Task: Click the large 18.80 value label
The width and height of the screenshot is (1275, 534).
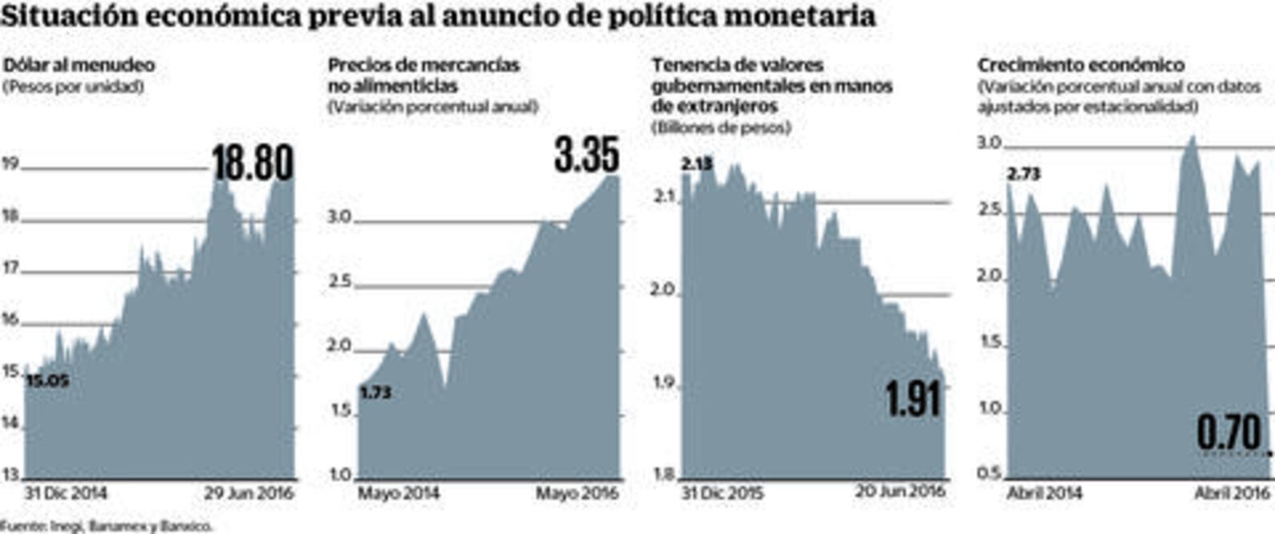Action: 253,162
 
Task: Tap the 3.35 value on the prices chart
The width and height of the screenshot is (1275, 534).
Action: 587,155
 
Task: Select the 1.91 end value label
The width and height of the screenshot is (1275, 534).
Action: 913,398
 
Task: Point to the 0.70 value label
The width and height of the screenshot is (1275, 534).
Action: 1229,434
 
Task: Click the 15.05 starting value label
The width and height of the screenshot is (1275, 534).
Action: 47,382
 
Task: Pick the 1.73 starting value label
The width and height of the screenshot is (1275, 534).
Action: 375,393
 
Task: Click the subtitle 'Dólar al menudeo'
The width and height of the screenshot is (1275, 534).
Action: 79,65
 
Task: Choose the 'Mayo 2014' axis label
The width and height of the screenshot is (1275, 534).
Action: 399,492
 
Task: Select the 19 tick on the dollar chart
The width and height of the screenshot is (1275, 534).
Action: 10,164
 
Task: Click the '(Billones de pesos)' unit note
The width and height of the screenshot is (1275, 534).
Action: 721,127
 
